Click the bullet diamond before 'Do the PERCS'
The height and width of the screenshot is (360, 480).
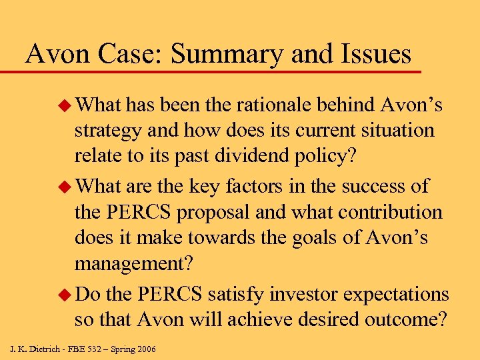[x=65, y=293]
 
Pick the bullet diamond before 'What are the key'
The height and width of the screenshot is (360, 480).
[x=65, y=186]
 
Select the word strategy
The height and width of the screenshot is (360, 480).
[x=108, y=132]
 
